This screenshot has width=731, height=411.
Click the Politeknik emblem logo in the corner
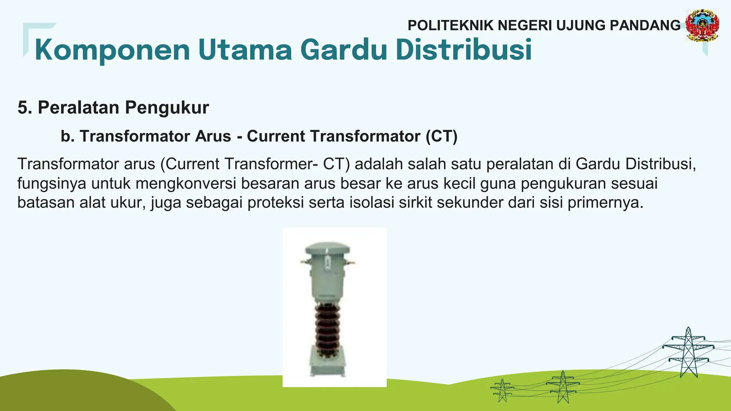(x=702, y=25)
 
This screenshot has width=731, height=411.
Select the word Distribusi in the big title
(x=464, y=50)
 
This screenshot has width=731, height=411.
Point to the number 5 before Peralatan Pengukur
(x=23, y=108)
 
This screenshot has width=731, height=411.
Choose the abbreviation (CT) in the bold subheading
(x=441, y=136)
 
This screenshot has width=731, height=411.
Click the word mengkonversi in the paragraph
(x=186, y=183)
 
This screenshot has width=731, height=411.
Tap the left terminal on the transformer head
(x=305, y=262)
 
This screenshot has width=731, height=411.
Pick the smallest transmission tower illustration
(x=502, y=390)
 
